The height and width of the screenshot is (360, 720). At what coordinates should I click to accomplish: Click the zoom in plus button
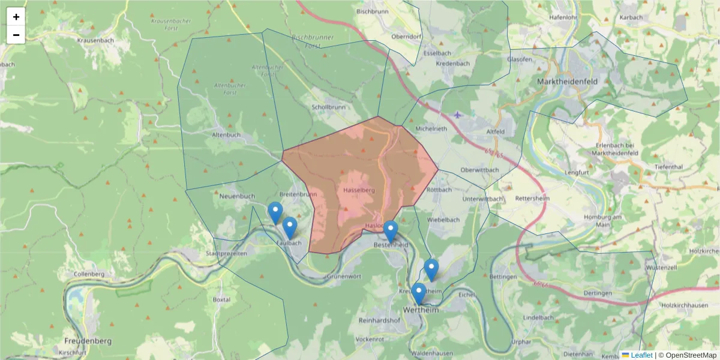click(16, 17)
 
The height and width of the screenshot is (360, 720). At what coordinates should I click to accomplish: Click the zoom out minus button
click(16, 35)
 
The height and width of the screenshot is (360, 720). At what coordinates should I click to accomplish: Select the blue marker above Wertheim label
click(418, 293)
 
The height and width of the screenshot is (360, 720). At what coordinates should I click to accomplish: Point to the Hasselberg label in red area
click(359, 190)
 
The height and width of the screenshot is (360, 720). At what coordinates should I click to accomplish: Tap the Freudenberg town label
click(88, 340)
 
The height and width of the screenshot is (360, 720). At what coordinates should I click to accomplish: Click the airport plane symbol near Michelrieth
click(458, 115)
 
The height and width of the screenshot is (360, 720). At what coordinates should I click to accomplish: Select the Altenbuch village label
click(226, 136)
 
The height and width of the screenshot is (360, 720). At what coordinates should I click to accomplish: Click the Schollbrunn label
click(329, 107)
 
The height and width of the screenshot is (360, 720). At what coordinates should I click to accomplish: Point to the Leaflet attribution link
click(641, 355)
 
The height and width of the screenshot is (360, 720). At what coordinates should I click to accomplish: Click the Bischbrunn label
click(373, 11)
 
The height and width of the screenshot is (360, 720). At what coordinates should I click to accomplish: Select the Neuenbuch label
click(238, 196)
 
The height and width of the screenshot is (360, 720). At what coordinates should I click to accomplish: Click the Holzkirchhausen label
click(684, 305)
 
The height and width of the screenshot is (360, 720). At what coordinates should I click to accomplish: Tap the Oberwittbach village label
click(479, 170)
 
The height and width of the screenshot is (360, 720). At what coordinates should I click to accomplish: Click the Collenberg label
click(89, 274)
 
